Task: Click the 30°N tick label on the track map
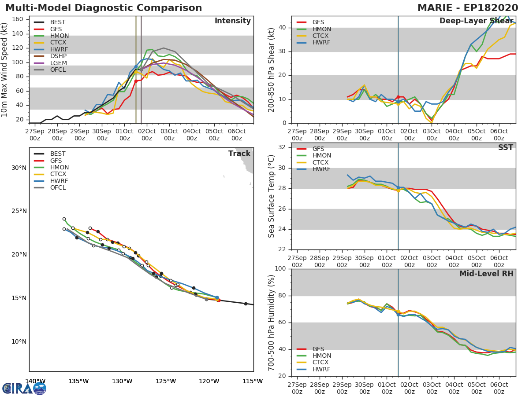(x=19, y=168)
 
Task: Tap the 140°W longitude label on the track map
(x=35, y=381)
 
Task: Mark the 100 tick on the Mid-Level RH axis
(x=280, y=269)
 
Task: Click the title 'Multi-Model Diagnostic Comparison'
(x=104, y=8)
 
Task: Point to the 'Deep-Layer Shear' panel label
(x=476, y=21)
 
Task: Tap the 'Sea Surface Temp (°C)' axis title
(x=272, y=196)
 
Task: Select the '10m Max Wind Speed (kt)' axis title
(x=5, y=70)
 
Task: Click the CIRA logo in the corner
(x=24, y=388)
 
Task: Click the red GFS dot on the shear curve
(x=398, y=97)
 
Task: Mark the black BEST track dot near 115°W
(x=246, y=304)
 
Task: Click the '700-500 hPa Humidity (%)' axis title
(x=272, y=323)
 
